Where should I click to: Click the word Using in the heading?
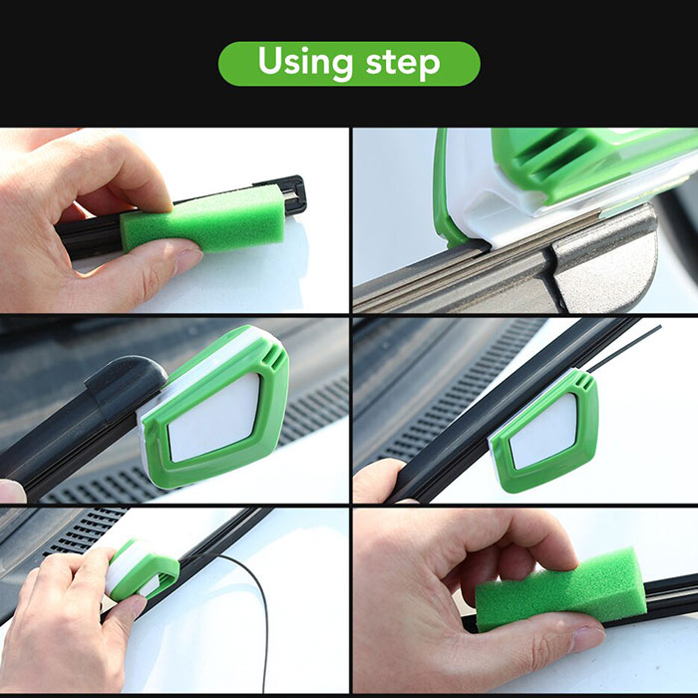(305, 63)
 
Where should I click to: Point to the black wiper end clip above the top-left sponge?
(285, 192)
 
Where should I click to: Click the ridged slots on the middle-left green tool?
(274, 357)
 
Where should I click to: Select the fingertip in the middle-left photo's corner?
(12, 491)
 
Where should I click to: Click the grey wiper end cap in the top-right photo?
(605, 263)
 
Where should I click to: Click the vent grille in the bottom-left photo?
(85, 529)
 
